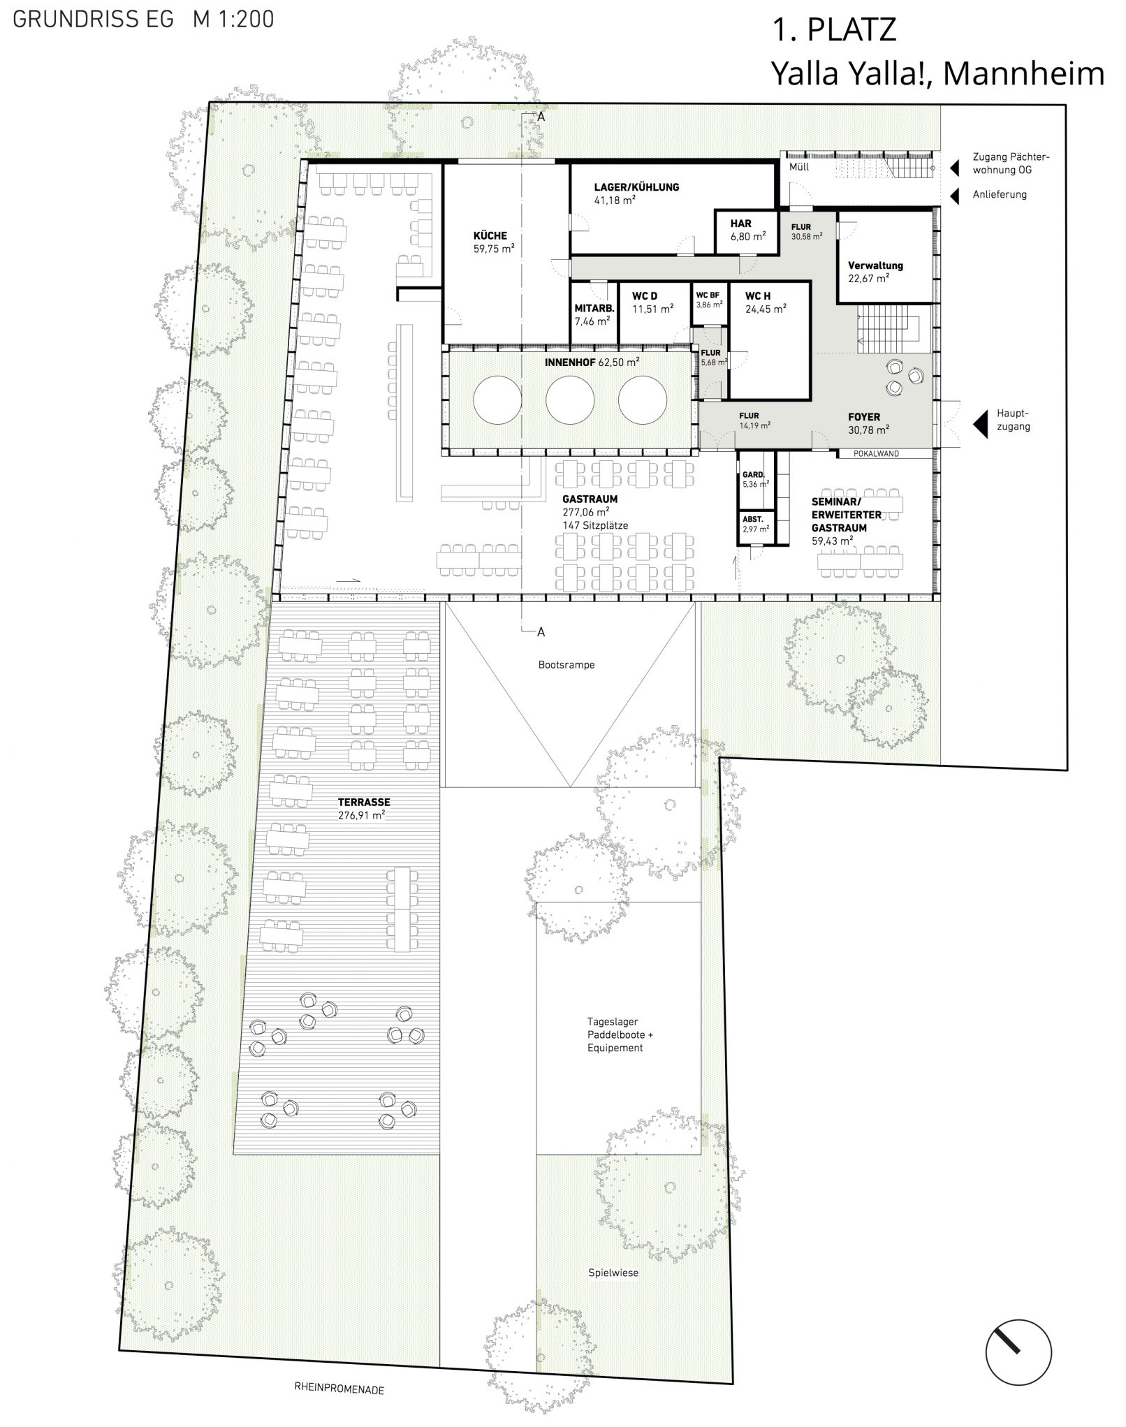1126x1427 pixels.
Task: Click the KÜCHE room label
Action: coord(490,236)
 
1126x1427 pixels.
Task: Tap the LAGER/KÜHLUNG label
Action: coord(636,187)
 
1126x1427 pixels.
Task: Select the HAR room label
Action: coord(741,224)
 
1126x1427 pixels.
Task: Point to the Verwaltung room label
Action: coord(875,265)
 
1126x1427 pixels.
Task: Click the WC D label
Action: coord(645,296)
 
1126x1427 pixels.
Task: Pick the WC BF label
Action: coord(708,295)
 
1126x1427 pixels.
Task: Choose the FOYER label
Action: coord(864,417)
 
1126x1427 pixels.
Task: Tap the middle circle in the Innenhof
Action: coord(570,400)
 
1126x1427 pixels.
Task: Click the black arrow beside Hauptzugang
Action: coord(981,424)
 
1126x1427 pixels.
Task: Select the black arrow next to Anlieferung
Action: coord(955,196)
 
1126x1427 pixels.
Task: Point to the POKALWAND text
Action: coord(877,454)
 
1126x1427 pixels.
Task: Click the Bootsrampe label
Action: coord(566,665)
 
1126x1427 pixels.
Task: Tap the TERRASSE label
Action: coord(364,803)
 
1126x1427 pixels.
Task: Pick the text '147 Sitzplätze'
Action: coord(595,525)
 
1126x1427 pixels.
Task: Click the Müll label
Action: coord(799,168)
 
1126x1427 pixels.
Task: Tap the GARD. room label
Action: coord(754,474)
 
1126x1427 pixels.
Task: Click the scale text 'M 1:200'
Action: coord(233,20)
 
